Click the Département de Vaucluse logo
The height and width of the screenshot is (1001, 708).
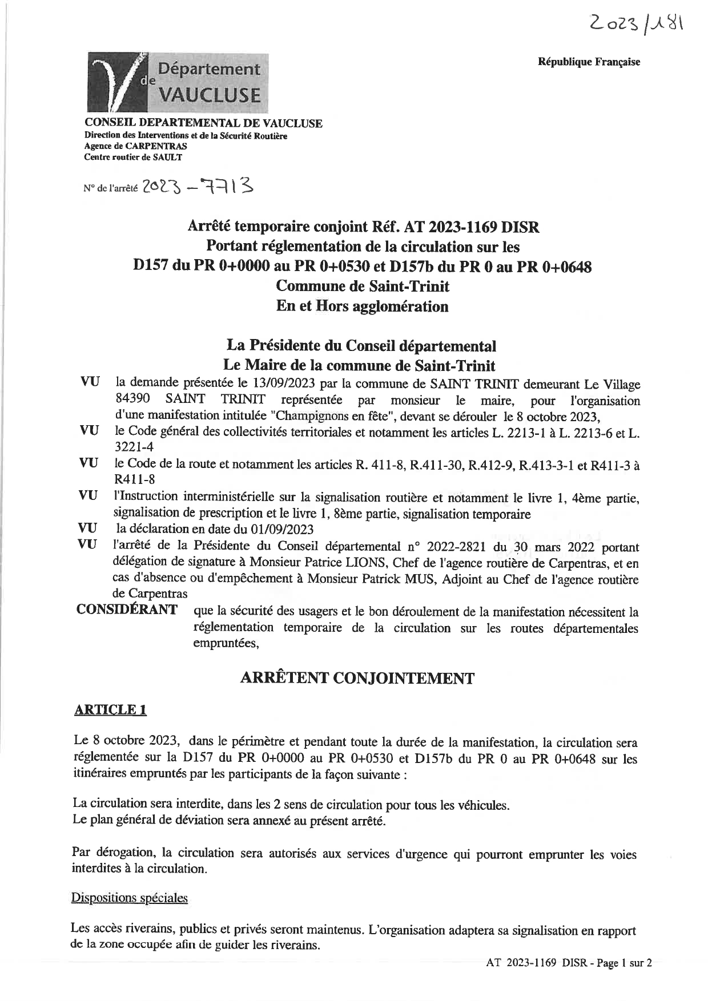click(178, 82)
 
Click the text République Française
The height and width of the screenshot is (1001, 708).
click(589, 62)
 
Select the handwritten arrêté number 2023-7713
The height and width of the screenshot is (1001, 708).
click(198, 186)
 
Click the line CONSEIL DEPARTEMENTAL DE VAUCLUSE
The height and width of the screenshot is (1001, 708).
click(203, 123)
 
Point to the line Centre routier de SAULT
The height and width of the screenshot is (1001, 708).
click(133, 157)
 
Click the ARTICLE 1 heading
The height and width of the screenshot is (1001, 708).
click(111, 709)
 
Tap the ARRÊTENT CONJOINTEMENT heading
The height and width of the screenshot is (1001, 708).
click(357, 678)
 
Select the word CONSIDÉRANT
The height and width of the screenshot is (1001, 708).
click(127, 610)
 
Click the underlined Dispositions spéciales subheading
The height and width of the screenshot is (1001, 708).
click(129, 898)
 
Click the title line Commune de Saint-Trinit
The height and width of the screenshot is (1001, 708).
click(362, 286)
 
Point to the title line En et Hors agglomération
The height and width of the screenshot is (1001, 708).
click(362, 306)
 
